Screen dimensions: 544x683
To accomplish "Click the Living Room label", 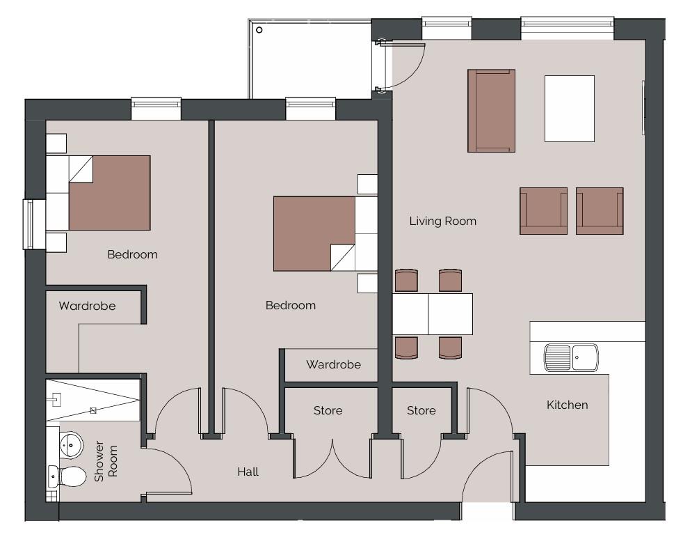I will pyautogui.click(x=442, y=222).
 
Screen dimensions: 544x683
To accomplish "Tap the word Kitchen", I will pyautogui.click(x=567, y=405).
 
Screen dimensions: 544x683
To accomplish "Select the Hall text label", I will pyautogui.click(x=248, y=472).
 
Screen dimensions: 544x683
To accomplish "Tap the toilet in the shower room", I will pyautogui.click(x=69, y=477).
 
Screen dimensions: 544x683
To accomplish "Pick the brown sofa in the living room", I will pyautogui.click(x=491, y=110).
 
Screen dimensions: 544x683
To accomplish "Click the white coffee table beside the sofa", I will pyautogui.click(x=569, y=108).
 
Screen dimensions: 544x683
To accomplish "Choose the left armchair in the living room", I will pyautogui.click(x=543, y=210).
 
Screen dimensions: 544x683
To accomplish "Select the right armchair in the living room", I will pyautogui.click(x=599, y=210).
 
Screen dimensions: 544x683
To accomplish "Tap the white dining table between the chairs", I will pyautogui.click(x=432, y=314).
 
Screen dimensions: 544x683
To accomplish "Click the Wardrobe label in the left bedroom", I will pyautogui.click(x=87, y=306).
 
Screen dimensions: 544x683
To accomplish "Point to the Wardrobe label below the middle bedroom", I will pyautogui.click(x=333, y=364).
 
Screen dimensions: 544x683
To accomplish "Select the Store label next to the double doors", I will pyautogui.click(x=328, y=410).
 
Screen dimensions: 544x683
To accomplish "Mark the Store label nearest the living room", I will pyautogui.click(x=421, y=410).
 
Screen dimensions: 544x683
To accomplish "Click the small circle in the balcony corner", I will pyautogui.click(x=259, y=30).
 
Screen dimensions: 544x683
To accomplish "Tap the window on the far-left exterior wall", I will pyautogui.click(x=29, y=224).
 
